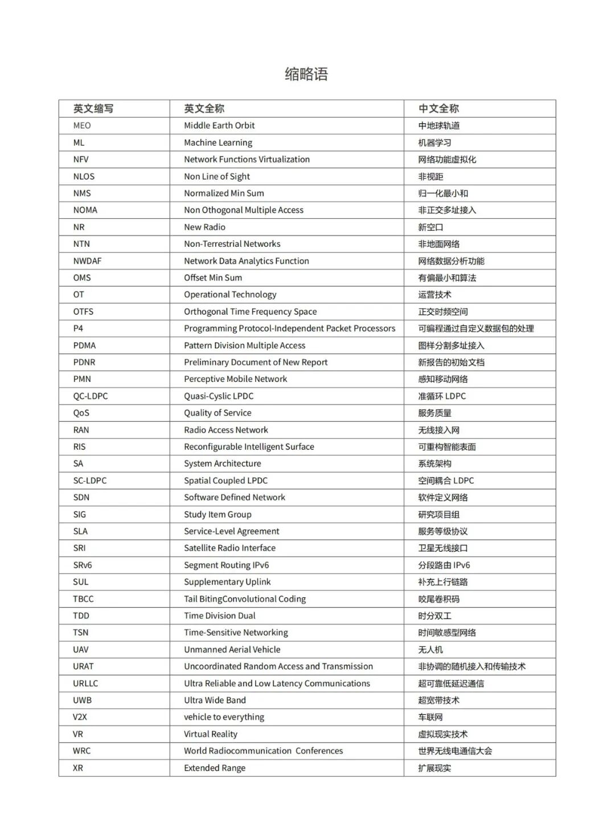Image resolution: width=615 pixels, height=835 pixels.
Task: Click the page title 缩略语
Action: [x=306, y=74]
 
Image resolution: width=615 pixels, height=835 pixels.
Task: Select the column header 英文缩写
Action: [x=93, y=108]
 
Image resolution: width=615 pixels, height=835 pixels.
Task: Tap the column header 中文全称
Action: [x=438, y=108]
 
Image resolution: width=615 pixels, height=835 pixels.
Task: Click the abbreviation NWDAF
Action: [x=87, y=261]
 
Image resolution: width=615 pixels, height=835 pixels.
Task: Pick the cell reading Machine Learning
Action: [x=218, y=142]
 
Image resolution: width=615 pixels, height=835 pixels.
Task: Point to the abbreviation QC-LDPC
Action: [x=90, y=396]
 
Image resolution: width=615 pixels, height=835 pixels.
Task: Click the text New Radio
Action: [x=204, y=227]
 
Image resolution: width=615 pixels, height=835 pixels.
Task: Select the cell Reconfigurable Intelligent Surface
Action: [x=249, y=447]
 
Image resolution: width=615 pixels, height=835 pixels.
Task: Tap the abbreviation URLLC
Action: [x=85, y=683]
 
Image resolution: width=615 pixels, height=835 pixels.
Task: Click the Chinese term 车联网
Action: [x=430, y=717]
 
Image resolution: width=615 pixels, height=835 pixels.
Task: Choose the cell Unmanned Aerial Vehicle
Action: [x=232, y=650]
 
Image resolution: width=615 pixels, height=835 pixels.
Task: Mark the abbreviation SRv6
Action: [x=83, y=565]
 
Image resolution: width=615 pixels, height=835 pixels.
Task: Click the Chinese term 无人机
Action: [x=430, y=650]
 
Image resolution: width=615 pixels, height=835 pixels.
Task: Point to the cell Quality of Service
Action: [x=218, y=413]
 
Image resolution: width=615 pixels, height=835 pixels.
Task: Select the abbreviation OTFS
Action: [x=83, y=312]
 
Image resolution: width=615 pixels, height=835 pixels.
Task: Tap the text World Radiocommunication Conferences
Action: [x=263, y=751]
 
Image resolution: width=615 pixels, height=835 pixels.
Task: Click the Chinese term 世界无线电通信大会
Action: [x=455, y=751]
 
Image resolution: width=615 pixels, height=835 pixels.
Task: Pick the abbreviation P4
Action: [x=78, y=328]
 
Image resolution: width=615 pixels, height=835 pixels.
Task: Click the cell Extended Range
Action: [x=215, y=768]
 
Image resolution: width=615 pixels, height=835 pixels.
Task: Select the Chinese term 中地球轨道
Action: [x=438, y=125]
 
